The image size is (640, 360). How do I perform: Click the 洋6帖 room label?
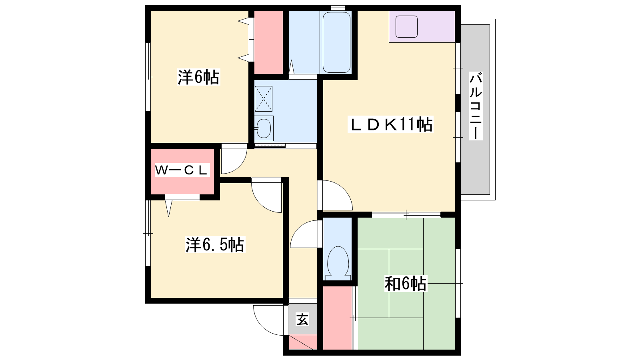tap(198, 77)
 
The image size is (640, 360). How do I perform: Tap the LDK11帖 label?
tap(390, 124)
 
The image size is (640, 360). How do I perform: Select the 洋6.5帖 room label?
tap(215, 244)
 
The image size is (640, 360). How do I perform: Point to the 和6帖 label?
tap(406, 284)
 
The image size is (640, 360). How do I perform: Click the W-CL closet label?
tap(182, 170)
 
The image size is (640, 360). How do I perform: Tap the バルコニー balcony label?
tap(476, 106)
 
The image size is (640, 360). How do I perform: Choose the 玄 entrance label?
tap(302, 319)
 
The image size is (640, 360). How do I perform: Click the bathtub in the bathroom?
tap(336, 42)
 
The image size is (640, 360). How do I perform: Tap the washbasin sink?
tap(264, 128)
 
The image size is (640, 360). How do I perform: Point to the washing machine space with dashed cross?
tap(264, 98)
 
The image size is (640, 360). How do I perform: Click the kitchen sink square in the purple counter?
tap(406, 26)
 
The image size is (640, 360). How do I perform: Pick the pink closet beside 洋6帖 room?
tap(268, 42)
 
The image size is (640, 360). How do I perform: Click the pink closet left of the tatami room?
tap(337, 318)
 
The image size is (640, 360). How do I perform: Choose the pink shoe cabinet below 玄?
tap(303, 342)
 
